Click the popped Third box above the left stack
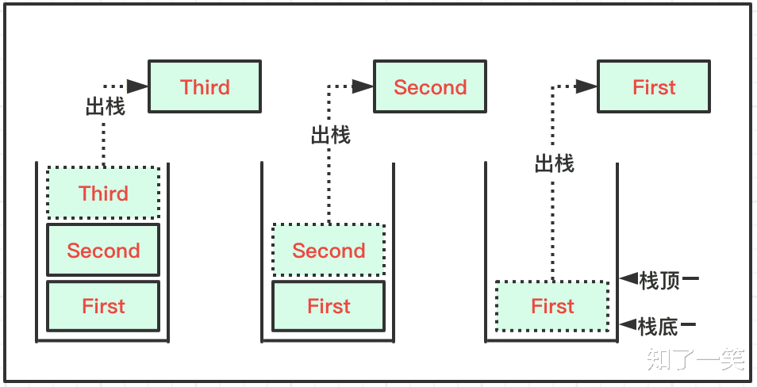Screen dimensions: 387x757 [x=205, y=87]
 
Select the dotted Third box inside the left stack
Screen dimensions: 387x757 [x=103, y=193]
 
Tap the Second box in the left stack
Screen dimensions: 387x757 [x=103, y=251]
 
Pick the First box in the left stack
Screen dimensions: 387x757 [x=103, y=306]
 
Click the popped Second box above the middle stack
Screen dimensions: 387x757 [x=430, y=87]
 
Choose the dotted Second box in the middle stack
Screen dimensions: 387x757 [x=329, y=251]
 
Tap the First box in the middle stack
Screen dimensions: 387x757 [x=329, y=306]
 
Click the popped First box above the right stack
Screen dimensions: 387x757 [x=654, y=87]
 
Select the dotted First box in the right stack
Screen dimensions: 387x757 [x=552, y=306]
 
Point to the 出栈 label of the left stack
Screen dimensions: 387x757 [x=106, y=107]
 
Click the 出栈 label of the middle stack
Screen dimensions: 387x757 [x=330, y=136]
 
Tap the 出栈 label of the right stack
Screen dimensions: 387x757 [x=554, y=164]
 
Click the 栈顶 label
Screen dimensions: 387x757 [x=659, y=279]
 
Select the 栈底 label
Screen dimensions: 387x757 [x=659, y=325]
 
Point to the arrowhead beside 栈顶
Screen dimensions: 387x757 [x=628, y=278]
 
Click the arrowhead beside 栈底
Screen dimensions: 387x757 [x=628, y=324]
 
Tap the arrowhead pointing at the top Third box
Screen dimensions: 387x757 [x=138, y=86]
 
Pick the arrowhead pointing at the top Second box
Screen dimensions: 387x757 [x=363, y=86]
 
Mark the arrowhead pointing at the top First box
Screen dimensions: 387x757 [x=587, y=86]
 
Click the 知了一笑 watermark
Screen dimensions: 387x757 [x=696, y=358]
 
